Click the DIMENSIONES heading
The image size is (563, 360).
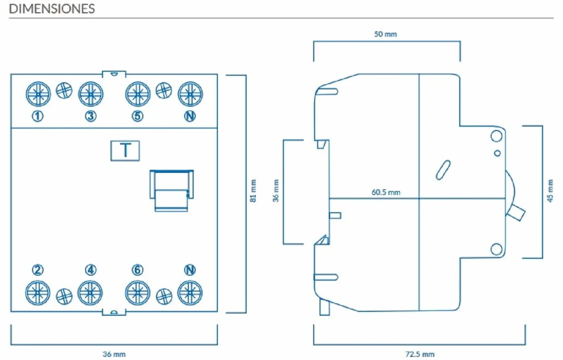52,9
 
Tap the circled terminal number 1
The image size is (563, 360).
38,116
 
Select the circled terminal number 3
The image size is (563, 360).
91,116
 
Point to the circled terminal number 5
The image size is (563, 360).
137,116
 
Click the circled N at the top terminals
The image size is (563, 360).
190,116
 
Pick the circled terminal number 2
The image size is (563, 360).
38,270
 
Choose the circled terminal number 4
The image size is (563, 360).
91,270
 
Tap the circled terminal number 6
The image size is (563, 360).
137,270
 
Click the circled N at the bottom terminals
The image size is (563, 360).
190,270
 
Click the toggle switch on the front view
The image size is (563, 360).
171,191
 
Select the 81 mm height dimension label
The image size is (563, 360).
253,191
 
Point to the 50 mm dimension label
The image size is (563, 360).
385,34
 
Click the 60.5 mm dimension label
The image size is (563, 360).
386,192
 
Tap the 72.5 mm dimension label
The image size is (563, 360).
420,354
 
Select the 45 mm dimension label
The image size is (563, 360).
550,191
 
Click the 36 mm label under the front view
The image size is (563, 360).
114,354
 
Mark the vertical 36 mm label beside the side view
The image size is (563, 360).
276,191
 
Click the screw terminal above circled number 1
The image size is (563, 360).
38,94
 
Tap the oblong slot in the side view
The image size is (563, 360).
443,170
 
